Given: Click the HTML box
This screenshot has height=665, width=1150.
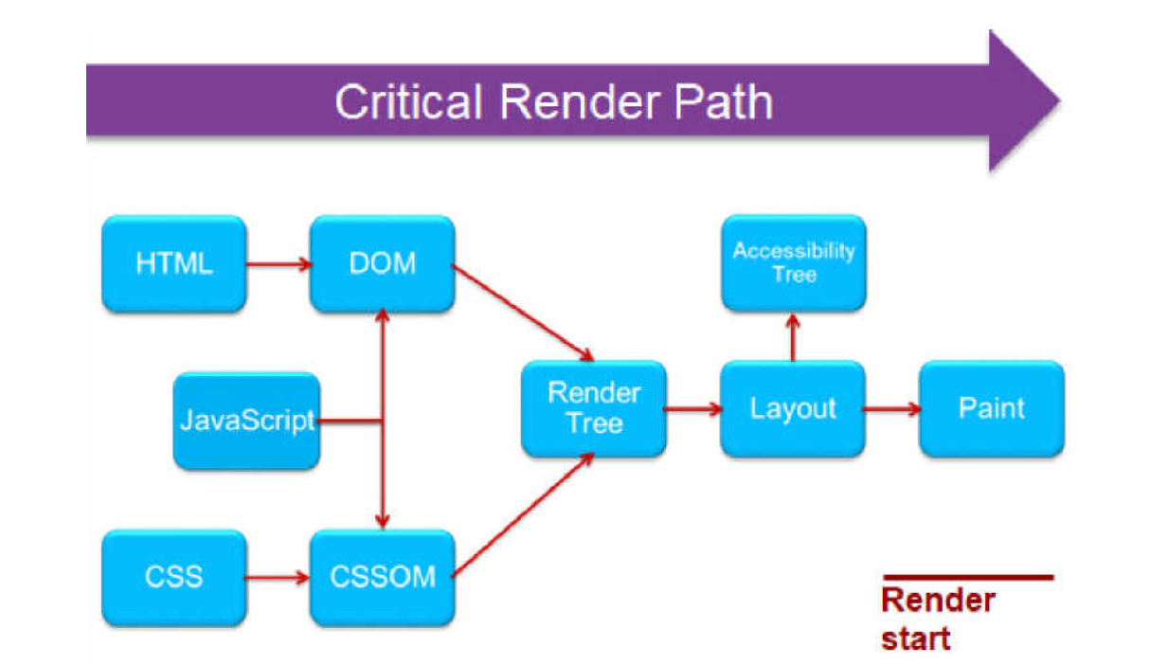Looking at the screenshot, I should pyautogui.click(x=173, y=263).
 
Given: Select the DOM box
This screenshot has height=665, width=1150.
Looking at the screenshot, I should pyautogui.click(x=382, y=262).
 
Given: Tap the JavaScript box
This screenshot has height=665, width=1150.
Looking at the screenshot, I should pyautogui.click(x=246, y=421).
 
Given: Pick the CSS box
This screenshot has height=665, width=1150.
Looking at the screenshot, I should pyautogui.click(x=173, y=577).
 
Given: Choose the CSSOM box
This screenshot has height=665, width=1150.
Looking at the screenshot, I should pyautogui.click(x=382, y=577).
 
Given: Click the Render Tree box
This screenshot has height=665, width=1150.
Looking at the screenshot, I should pyautogui.click(x=594, y=409).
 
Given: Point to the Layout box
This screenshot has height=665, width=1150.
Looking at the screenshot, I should pyautogui.click(x=793, y=409).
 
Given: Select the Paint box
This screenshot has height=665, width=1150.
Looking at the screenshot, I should pyautogui.click(x=992, y=409).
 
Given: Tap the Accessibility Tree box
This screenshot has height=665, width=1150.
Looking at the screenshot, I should pyautogui.click(x=793, y=262).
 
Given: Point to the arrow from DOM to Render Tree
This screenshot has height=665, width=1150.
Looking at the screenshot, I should pyautogui.click(x=523, y=314).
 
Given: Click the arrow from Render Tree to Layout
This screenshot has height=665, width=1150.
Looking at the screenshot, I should pyautogui.click(x=692, y=409).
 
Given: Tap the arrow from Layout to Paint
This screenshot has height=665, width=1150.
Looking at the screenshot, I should pyautogui.click(x=891, y=409).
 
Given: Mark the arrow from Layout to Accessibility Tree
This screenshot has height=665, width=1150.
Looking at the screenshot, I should pyautogui.click(x=793, y=336).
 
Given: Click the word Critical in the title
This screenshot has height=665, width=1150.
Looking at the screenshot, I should pyautogui.click(x=409, y=101).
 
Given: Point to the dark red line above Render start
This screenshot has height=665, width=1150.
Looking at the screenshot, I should pyautogui.click(x=967, y=576).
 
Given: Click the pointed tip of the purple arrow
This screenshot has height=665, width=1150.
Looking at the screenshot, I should pyautogui.click(x=1057, y=100).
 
